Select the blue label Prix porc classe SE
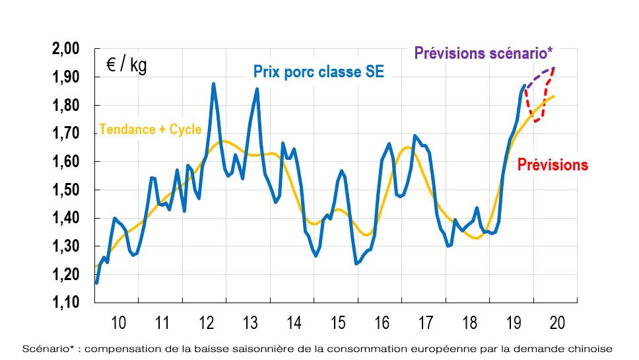pyautogui.click(x=318, y=72)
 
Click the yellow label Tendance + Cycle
pyautogui.click(x=150, y=130)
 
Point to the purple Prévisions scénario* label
pyautogui.click(x=484, y=54)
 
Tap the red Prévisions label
pyautogui.click(x=552, y=165)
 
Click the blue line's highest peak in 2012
pyautogui.click(x=214, y=84)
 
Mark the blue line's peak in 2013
pyautogui.click(x=257, y=89)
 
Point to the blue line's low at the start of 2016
pyautogui.click(x=356, y=264)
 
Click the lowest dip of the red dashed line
pyautogui.click(x=536, y=122)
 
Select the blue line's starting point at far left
pyautogui.click(x=96, y=283)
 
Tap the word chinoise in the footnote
pyautogui.click(x=591, y=348)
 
